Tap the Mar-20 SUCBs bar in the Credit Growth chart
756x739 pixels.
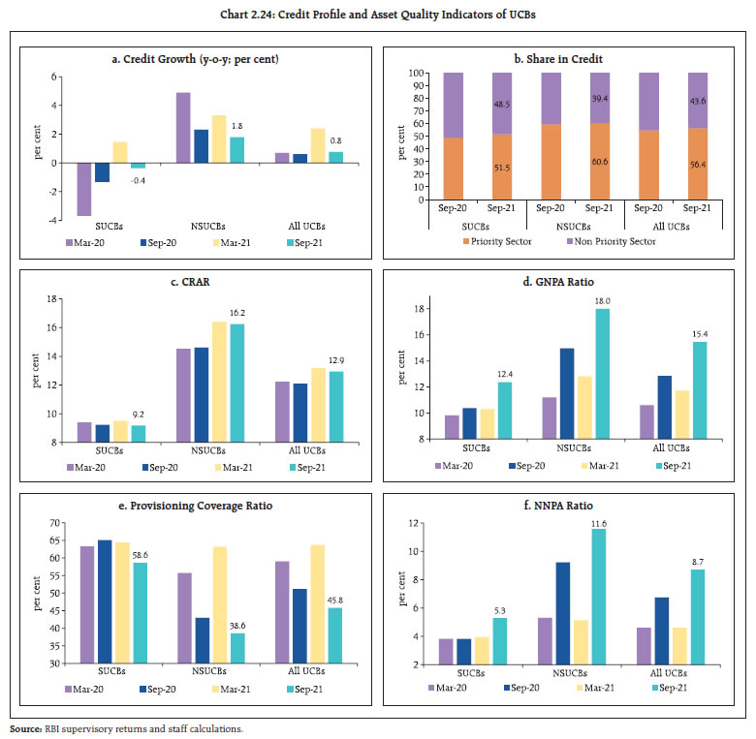84,189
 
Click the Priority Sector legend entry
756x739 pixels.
498,241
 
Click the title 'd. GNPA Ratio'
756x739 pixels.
566,281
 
